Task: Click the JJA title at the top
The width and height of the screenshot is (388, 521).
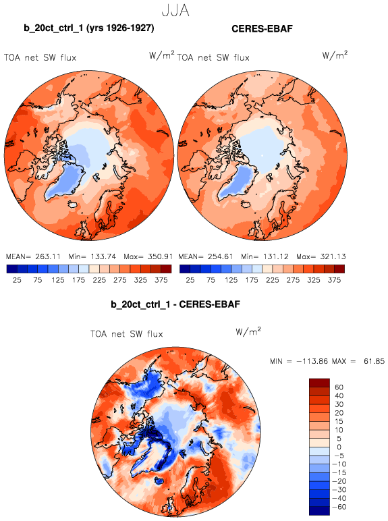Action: tap(175, 11)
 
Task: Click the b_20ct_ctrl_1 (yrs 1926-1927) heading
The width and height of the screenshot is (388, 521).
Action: tap(89, 28)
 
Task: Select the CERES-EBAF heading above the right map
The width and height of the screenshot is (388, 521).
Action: tap(262, 28)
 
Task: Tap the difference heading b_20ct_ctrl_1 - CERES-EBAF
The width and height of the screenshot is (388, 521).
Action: tap(175, 304)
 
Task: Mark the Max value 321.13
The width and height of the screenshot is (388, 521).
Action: tap(333, 256)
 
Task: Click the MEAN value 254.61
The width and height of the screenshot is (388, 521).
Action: tap(221, 256)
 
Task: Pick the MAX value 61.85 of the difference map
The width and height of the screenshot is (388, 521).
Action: tap(374, 361)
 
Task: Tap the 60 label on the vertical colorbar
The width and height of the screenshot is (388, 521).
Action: tap(339, 387)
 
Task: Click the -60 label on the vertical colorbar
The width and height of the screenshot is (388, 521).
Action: tap(339, 507)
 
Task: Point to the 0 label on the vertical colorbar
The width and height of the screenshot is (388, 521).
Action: tap(339, 447)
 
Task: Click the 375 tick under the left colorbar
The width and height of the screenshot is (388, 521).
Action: tap(161, 280)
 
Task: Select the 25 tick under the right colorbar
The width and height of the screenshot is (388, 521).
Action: tap(190, 280)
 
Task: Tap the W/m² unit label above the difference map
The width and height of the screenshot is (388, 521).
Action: tap(248, 331)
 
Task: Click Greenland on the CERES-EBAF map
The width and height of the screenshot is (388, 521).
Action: tap(237, 184)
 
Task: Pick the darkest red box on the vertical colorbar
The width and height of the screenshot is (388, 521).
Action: tap(319, 383)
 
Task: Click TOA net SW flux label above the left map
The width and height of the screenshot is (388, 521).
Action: tap(40, 58)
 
